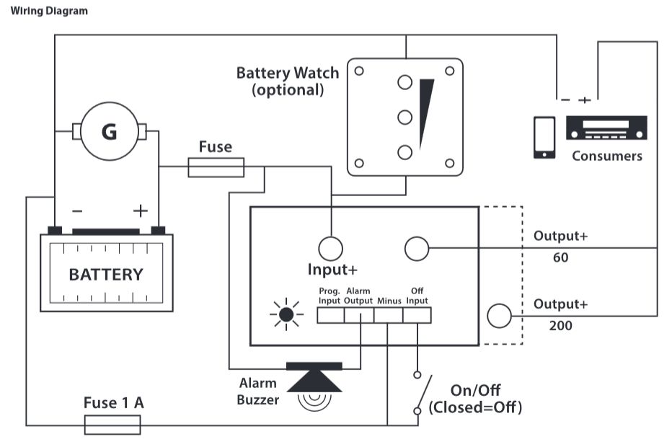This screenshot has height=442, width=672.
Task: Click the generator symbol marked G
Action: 110,131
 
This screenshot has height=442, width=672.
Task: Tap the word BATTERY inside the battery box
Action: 106,275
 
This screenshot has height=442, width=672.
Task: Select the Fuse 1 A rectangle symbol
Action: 112,425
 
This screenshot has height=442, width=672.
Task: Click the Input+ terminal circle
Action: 330,248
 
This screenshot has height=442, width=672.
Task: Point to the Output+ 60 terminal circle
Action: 417,248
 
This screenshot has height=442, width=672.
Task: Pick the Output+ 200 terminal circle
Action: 499,316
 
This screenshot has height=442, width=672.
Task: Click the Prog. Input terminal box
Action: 330,315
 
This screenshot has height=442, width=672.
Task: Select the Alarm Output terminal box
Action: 359,315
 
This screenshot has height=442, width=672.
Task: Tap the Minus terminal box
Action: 389,315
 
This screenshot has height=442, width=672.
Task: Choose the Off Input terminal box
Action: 417,315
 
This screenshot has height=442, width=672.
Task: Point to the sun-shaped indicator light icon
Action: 286,314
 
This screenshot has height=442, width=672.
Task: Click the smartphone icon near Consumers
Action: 544,138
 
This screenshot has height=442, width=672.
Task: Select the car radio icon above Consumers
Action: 606,128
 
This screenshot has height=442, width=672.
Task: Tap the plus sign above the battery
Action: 140,211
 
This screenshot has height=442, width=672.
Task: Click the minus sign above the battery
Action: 77,211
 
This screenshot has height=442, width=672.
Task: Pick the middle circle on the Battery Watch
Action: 405,117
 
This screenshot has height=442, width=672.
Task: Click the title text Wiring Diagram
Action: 49,11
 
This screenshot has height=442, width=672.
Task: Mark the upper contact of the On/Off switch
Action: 417,375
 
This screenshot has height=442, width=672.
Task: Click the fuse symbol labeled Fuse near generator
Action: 216,167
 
